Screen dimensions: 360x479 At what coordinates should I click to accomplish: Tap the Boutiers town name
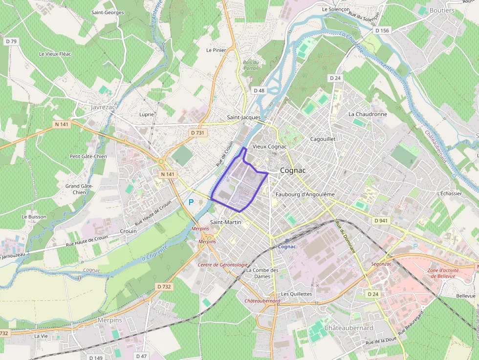441,10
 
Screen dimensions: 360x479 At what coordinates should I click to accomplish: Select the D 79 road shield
11,42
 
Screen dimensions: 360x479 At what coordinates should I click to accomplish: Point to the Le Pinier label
216,50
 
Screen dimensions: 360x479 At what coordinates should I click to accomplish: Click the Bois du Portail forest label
251,65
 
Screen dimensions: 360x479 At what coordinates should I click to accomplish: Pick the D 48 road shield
259,90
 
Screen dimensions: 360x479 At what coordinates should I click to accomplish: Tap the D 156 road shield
383,30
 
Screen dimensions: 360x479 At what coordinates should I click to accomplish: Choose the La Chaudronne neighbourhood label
368,114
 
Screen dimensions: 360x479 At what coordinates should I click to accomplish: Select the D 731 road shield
197,132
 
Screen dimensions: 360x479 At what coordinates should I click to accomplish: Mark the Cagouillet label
323,139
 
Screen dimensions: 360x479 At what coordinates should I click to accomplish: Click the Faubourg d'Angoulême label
305,194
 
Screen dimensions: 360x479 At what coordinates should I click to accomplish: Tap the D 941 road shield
381,221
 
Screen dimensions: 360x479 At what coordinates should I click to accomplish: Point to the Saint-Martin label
225,222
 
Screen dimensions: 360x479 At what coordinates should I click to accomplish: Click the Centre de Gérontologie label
222,265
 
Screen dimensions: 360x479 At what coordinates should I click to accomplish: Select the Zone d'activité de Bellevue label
441,273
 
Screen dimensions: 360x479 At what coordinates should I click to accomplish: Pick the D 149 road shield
96,358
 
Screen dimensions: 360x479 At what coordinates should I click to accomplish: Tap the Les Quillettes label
296,294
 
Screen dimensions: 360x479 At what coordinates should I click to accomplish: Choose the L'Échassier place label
450,193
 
